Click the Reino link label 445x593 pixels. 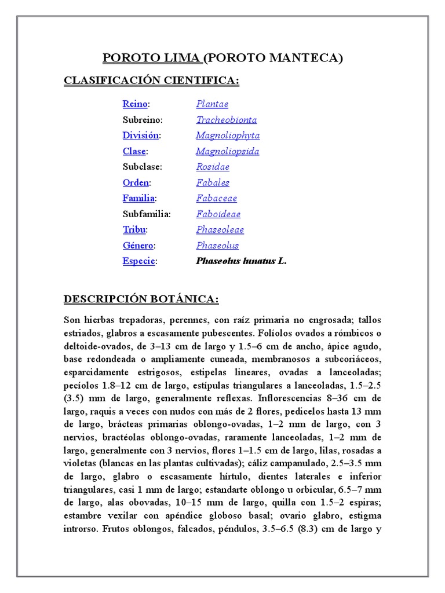pyautogui.click(x=135, y=104)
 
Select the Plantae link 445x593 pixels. pyautogui.click(x=212, y=104)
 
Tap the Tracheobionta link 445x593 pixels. pyautogui.click(x=226, y=120)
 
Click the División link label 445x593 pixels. pyautogui.click(x=140, y=136)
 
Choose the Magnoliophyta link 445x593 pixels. pyautogui.click(x=228, y=136)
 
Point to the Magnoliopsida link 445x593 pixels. pyautogui.click(x=227, y=151)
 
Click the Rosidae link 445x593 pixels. pyautogui.click(x=213, y=167)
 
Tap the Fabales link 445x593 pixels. pyautogui.click(x=213, y=182)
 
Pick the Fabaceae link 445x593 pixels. pyautogui.click(x=216, y=198)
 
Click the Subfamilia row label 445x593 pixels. pyautogui.click(x=147, y=214)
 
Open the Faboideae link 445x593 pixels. pyautogui.click(x=218, y=214)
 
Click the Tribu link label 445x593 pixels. pyautogui.click(x=134, y=229)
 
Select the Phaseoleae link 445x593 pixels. pyautogui.click(x=220, y=229)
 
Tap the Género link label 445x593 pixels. pyautogui.click(x=138, y=245)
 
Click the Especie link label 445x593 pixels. pyautogui.click(x=138, y=261)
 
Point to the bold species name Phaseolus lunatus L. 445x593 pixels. pyautogui.click(x=241, y=261)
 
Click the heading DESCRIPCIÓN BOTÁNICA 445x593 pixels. pyautogui.click(x=141, y=299)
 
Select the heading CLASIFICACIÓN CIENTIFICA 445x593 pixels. pyautogui.click(x=151, y=81)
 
